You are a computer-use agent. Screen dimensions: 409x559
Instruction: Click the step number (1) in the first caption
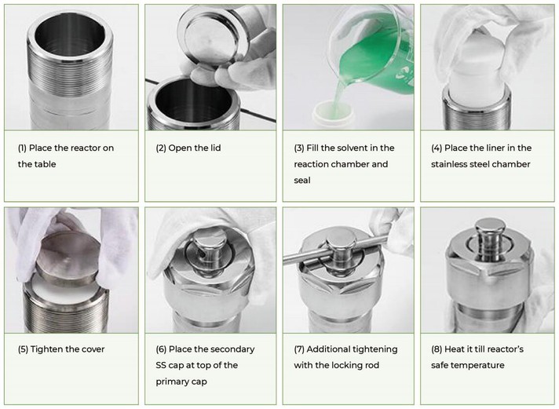click(x=23, y=148)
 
